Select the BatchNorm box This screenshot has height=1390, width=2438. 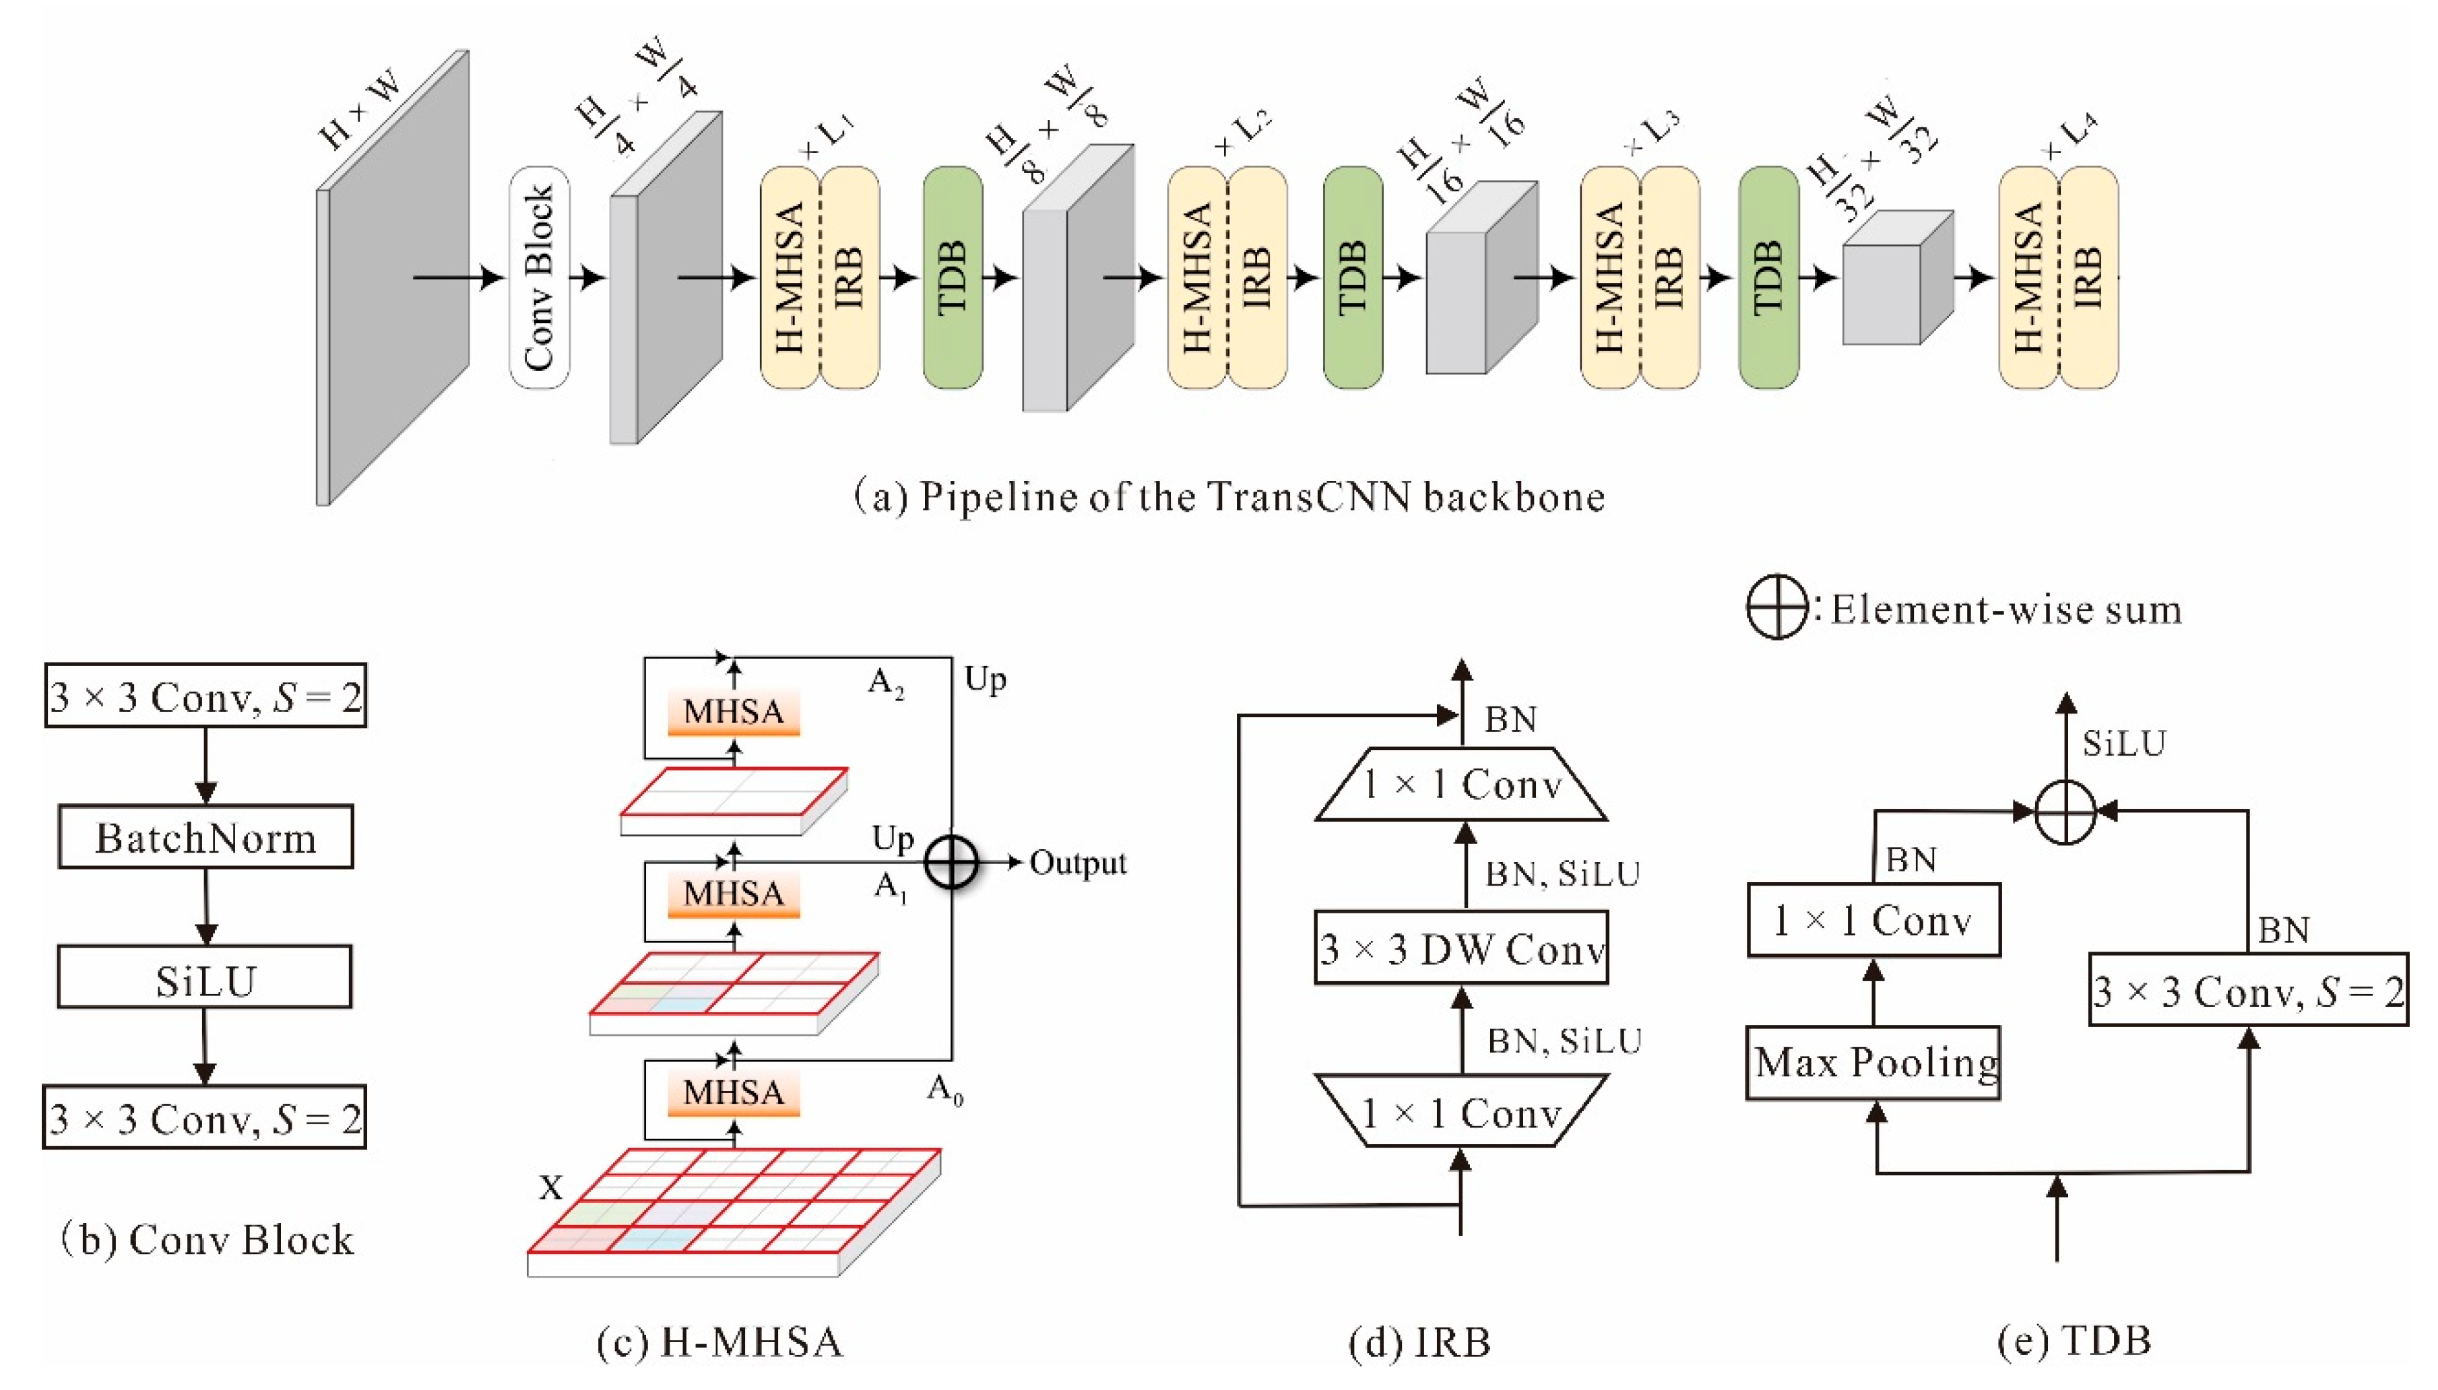(x=205, y=837)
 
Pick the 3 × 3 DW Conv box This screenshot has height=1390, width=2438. (x=1461, y=949)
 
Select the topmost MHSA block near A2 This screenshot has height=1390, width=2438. (x=734, y=711)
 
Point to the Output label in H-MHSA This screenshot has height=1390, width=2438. (x=1077, y=863)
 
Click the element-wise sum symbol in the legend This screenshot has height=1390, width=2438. (x=1775, y=607)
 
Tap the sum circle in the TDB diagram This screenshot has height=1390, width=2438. (x=2065, y=812)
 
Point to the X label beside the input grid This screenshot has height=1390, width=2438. (x=551, y=1187)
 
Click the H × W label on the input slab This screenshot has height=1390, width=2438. (x=359, y=112)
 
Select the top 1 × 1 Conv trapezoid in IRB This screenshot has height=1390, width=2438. (x=1461, y=785)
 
